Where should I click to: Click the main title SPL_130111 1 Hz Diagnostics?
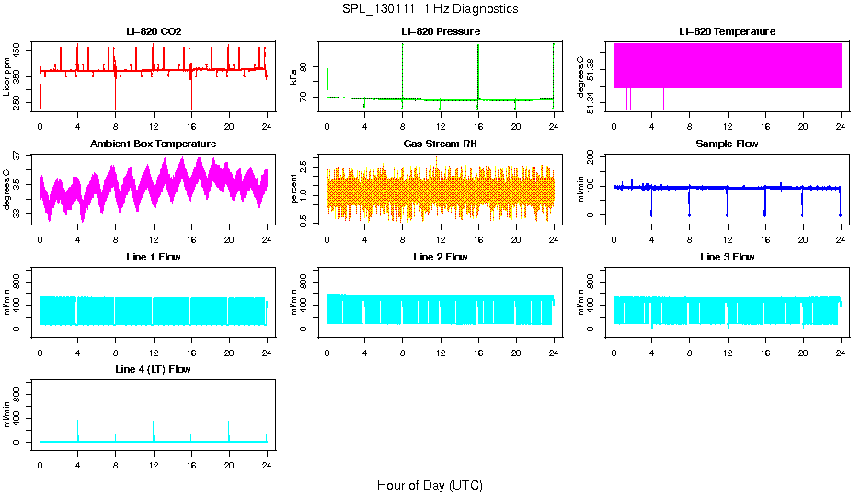click(430, 9)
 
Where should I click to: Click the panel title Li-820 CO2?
click(154, 31)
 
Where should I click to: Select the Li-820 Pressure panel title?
click(440, 31)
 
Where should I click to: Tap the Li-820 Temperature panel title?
click(727, 31)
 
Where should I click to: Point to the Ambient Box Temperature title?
click(154, 144)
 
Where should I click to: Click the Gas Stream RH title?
click(440, 144)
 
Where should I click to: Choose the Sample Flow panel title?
click(727, 144)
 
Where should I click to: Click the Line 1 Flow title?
click(154, 257)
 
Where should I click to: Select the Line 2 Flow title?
click(440, 257)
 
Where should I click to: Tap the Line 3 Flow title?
click(727, 257)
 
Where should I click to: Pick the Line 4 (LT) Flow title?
click(154, 369)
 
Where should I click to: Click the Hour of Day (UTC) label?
click(430, 485)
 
